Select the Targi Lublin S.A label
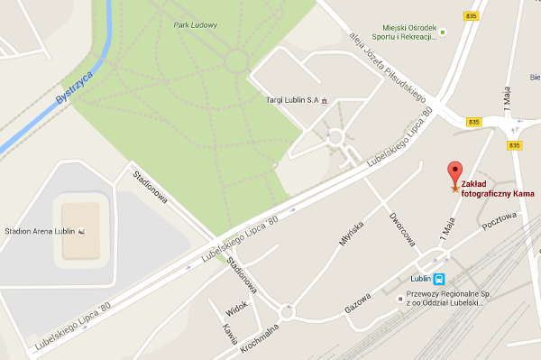[289, 99]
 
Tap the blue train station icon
[439, 280]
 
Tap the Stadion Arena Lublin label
[39, 231]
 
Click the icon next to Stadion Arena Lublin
[82, 231]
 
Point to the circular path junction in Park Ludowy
[236, 60]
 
